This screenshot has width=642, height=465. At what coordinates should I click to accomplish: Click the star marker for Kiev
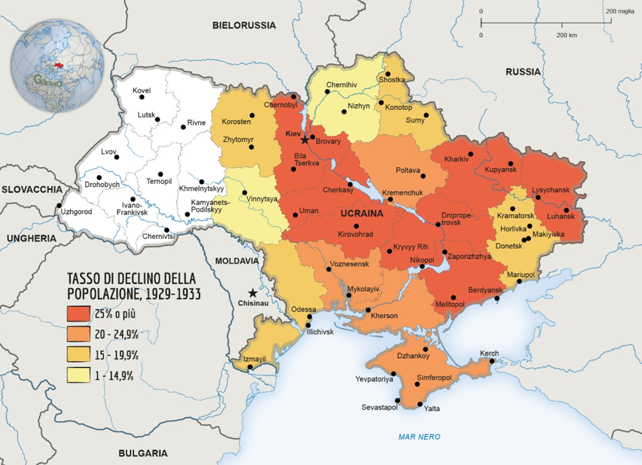click(x=304, y=140)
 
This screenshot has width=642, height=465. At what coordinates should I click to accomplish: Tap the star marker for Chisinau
click(x=253, y=293)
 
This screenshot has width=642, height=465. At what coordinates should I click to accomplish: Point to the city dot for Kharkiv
click(x=470, y=154)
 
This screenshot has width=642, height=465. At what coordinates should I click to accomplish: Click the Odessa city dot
click(x=309, y=317)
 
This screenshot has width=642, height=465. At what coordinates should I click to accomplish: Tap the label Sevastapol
click(x=379, y=407)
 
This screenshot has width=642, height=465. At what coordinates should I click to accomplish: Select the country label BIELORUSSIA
click(x=244, y=25)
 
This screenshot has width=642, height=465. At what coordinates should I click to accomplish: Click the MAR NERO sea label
click(x=419, y=436)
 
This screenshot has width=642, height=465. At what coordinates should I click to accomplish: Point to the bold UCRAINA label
click(x=362, y=213)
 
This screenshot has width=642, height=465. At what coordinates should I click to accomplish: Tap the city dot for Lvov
click(x=117, y=157)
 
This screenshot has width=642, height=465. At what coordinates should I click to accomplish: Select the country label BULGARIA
click(x=143, y=453)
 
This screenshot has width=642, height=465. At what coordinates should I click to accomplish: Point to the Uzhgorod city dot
click(x=59, y=205)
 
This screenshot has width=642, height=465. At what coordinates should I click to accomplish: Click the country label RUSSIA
click(x=523, y=72)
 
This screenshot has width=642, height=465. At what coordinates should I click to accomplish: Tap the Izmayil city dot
click(x=250, y=368)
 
